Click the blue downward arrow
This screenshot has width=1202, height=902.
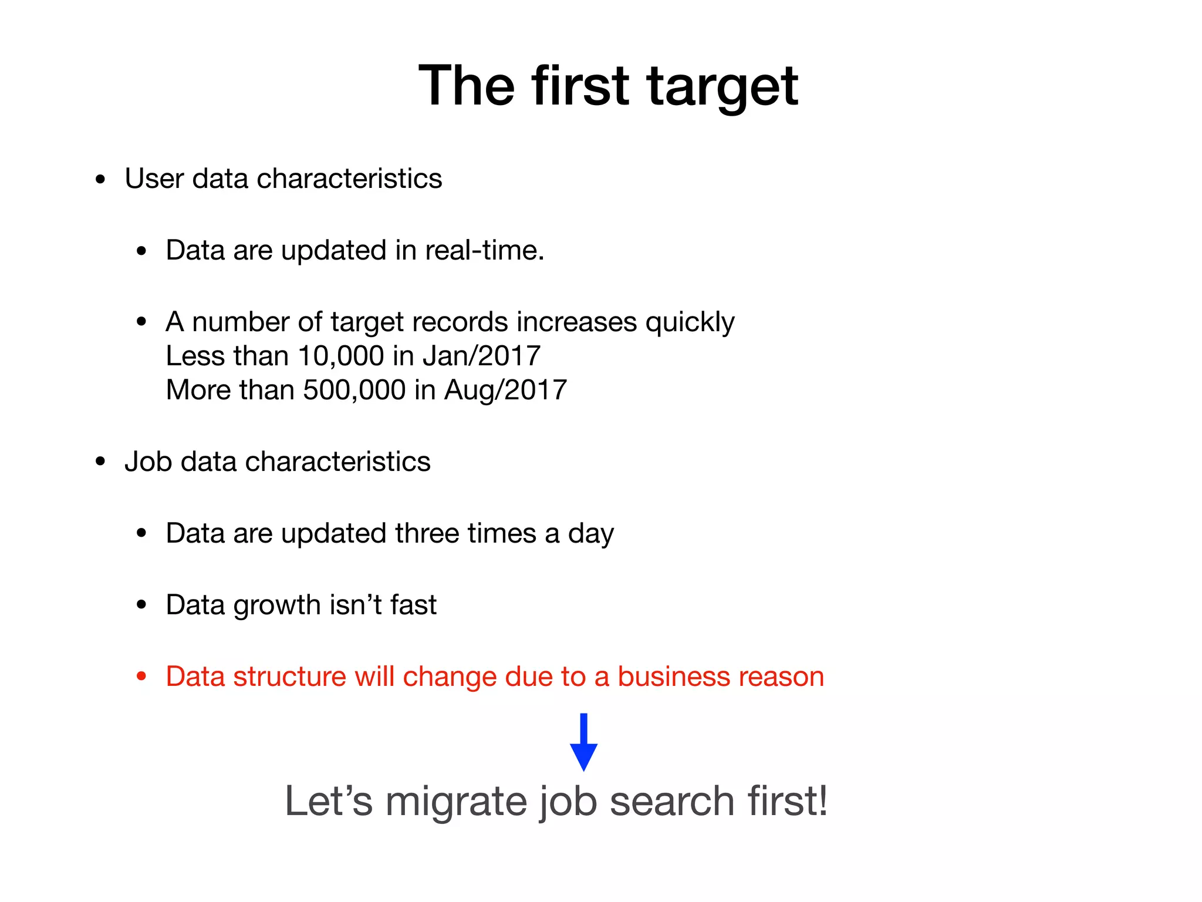tap(583, 742)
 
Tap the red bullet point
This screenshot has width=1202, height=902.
tap(141, 676)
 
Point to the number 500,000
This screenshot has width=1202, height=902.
tap(354, 390)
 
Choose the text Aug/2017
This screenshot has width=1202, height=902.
tap(505, 390)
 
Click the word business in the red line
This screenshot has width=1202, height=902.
tap(673, 676)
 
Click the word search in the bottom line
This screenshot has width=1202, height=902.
tap(672, 802)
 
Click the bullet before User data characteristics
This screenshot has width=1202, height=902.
tap(100, 180)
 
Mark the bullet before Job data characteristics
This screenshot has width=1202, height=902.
tap(100, 462)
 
